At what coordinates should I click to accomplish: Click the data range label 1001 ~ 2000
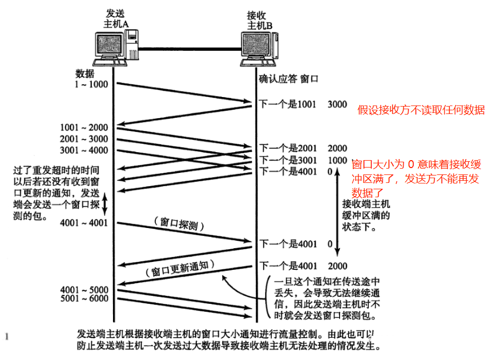point(84,127)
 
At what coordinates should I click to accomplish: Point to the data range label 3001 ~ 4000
point(84,150)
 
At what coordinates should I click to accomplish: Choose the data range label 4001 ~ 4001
point(84,223)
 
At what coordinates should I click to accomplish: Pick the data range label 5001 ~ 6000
point(84,299)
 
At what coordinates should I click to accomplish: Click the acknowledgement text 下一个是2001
point(288,148)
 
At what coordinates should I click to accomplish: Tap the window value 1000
point(337,160)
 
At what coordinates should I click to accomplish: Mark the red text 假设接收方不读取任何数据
point(421,110)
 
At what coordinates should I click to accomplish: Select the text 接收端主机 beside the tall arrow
point(366,204)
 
